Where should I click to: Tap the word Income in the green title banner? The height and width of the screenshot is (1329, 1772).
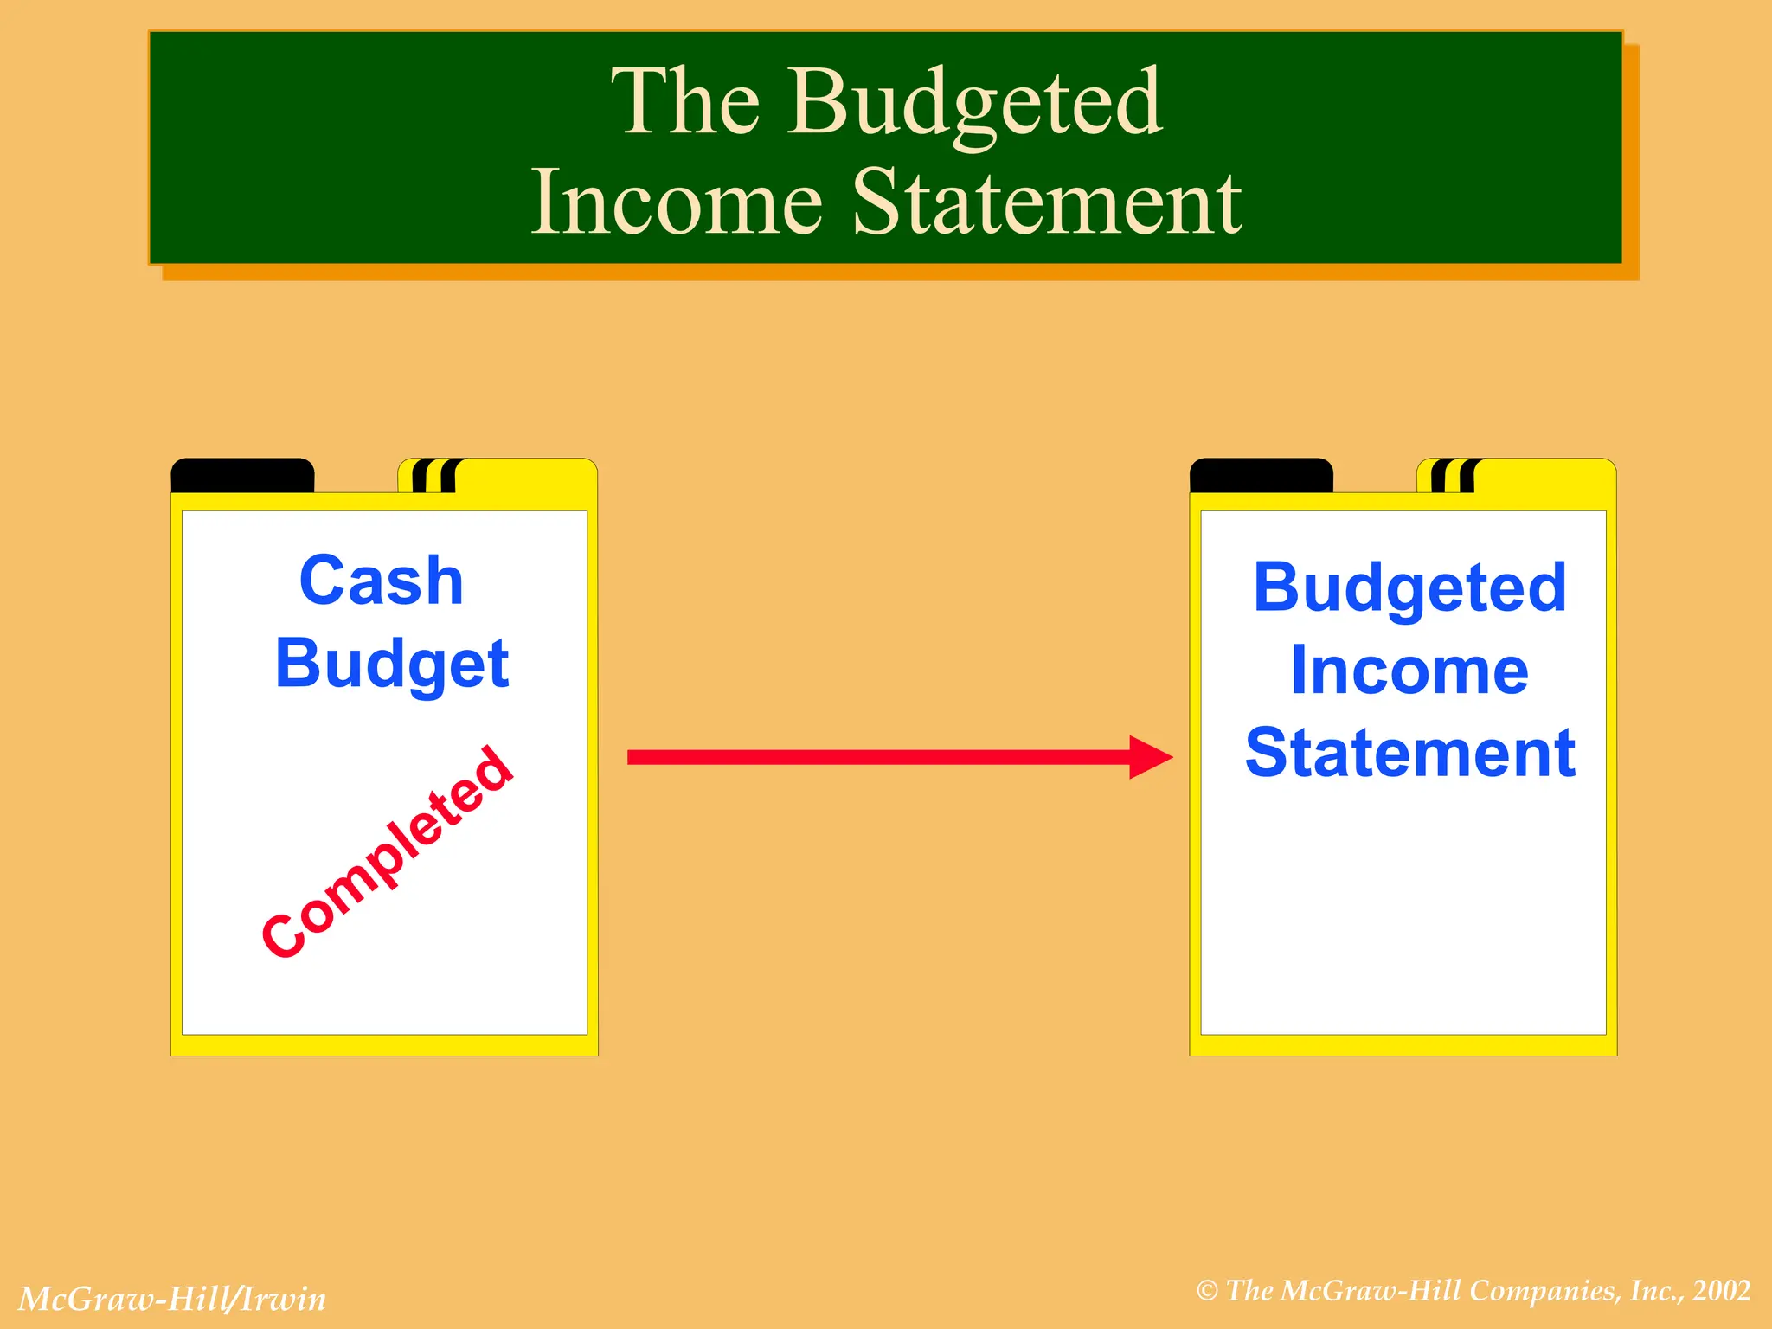pyautogui.click(x=676, y=203)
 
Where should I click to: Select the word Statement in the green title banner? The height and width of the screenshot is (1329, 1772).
pyautogui.click(x=1047, y=203)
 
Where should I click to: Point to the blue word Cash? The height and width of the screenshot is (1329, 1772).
pyautogui.click(x=382, y=581)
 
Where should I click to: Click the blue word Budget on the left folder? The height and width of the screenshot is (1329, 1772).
pyautogui.click(x=392, y=664)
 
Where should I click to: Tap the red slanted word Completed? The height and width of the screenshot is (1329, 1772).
pyautogui.click(x=388, y=852)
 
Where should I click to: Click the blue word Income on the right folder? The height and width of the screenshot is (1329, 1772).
pyautogui.click(x=1409, y=671)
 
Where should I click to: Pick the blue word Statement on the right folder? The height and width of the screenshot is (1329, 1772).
pyautogui.click(x=1409, y=754)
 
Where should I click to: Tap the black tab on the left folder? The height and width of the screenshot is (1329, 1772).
pyautogui.click(x=242, y=476)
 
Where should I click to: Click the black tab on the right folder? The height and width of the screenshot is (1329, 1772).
pyautogui.click(x=1261, y=476)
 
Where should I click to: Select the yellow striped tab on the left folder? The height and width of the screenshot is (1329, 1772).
pyautogui.click(x=498, y=476)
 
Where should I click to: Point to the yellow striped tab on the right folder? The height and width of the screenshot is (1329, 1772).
pyautogui.click(x=1516, y=476)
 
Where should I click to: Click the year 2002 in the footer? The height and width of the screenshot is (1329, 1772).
pyautogui.click(x=1722, y=1291)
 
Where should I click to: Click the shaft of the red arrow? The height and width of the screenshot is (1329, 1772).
pyautogui.click(x=874, y=758)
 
